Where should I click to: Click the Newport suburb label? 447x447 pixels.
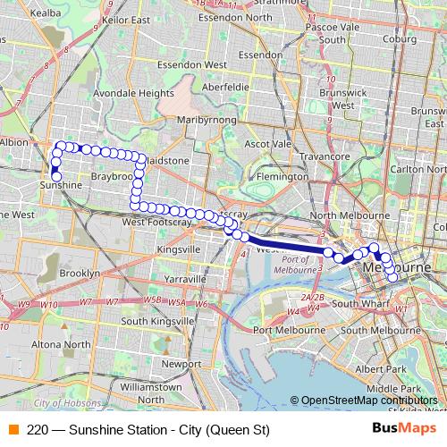click(x=181, y=364)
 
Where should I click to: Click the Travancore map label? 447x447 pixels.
click(x=324, y=156)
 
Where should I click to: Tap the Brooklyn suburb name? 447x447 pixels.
click(x=79, y=273)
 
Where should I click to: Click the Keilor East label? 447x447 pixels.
click(x=126, y=18)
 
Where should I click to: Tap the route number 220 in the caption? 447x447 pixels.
click(x=38, y=429)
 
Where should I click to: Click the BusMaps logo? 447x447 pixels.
click(x=404, y=428)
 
